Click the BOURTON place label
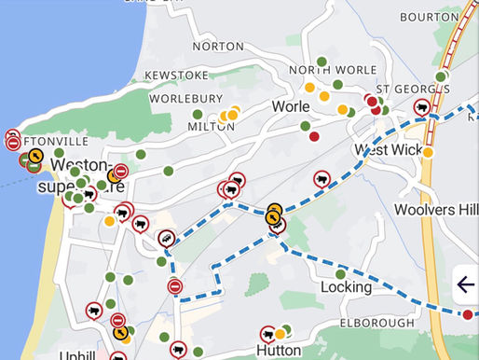pyautogui.click(x=429, y=17)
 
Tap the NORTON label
pyautogui.click(x=218, y=46)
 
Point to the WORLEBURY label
pyautogui.click(x=187, y=98)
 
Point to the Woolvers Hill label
pyautogui.click(x=436, y=208)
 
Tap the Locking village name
pyautogui.click(x=346, y=287)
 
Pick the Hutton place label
pyautogui.click(x=278, y=350)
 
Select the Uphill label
pyautogui.click(x=75, y=355)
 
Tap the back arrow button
pyautogui.click(x=466, y=285)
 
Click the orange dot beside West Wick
pyautogui.click(x=429, y=152)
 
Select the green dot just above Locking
pyautogui.click(x=341, y=273)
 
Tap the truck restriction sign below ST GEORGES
pyautogui.click(x=422, y=108)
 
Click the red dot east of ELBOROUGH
pyautogui.click(x=467, y=314)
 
